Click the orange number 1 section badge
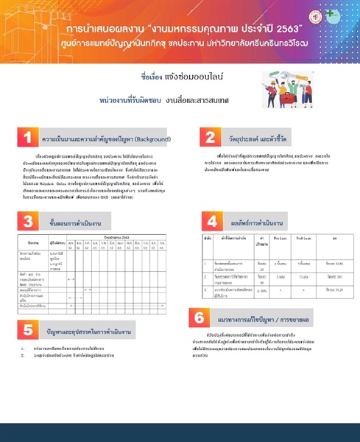pyautogui.click(x=27, y=138)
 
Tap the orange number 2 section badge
pyautogui.click(x=210, y=138)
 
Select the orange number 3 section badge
pyautogui.click(x=27, y=221)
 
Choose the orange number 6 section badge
pyautogui.click(x=200, y=319)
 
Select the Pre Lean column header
pyautogui.click(x=279, y=239)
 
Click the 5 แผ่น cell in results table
pyautogui.click(x=280, y=276)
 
